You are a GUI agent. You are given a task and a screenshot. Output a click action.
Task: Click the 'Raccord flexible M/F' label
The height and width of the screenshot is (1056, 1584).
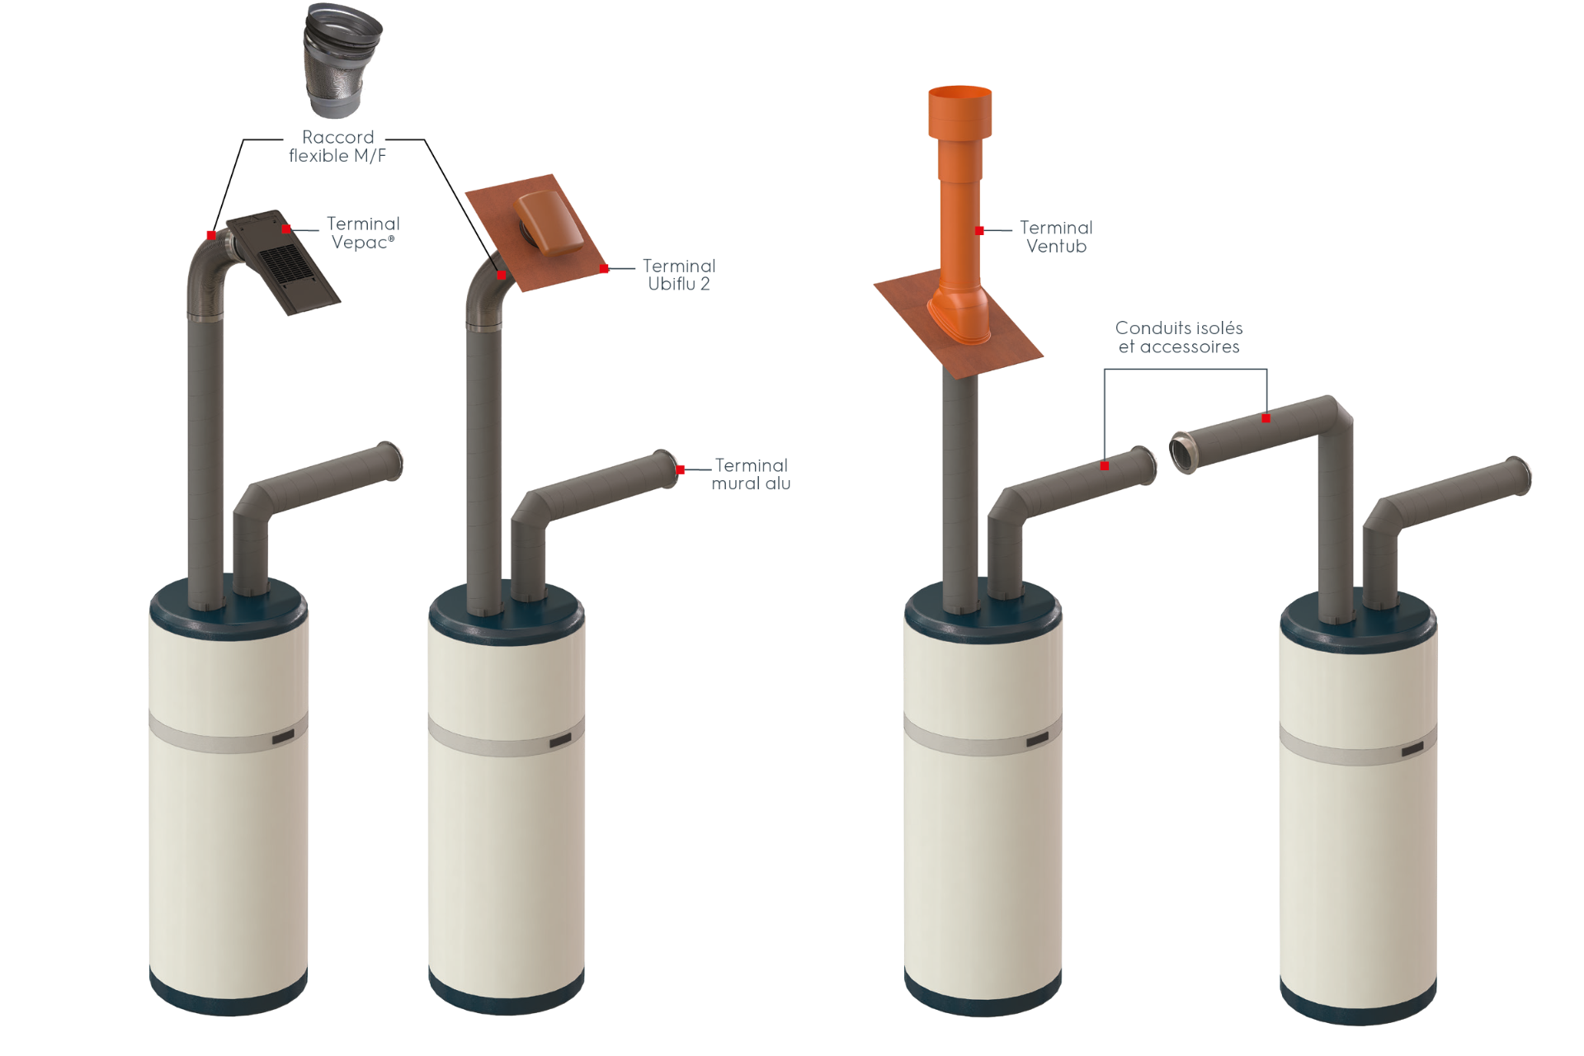337,146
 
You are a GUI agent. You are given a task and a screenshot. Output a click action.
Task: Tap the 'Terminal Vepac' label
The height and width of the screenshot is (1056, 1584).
363,233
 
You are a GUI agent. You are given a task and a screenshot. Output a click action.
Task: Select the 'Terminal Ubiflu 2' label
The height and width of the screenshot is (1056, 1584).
679,275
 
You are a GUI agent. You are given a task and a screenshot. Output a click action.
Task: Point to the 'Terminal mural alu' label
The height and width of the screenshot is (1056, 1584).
751,474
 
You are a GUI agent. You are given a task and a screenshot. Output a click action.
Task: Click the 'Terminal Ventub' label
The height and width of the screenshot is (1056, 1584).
1056,237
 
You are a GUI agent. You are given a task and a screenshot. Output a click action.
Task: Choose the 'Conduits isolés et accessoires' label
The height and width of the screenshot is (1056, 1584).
1179,337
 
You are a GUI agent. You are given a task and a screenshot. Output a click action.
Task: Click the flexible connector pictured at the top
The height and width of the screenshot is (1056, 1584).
342,59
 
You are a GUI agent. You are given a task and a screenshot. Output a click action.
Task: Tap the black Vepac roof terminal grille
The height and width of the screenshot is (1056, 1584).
284,263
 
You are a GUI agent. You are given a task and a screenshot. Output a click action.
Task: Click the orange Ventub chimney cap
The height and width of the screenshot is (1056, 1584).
960,112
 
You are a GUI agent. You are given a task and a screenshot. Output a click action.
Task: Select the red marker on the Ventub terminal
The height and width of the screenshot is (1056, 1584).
979,231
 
